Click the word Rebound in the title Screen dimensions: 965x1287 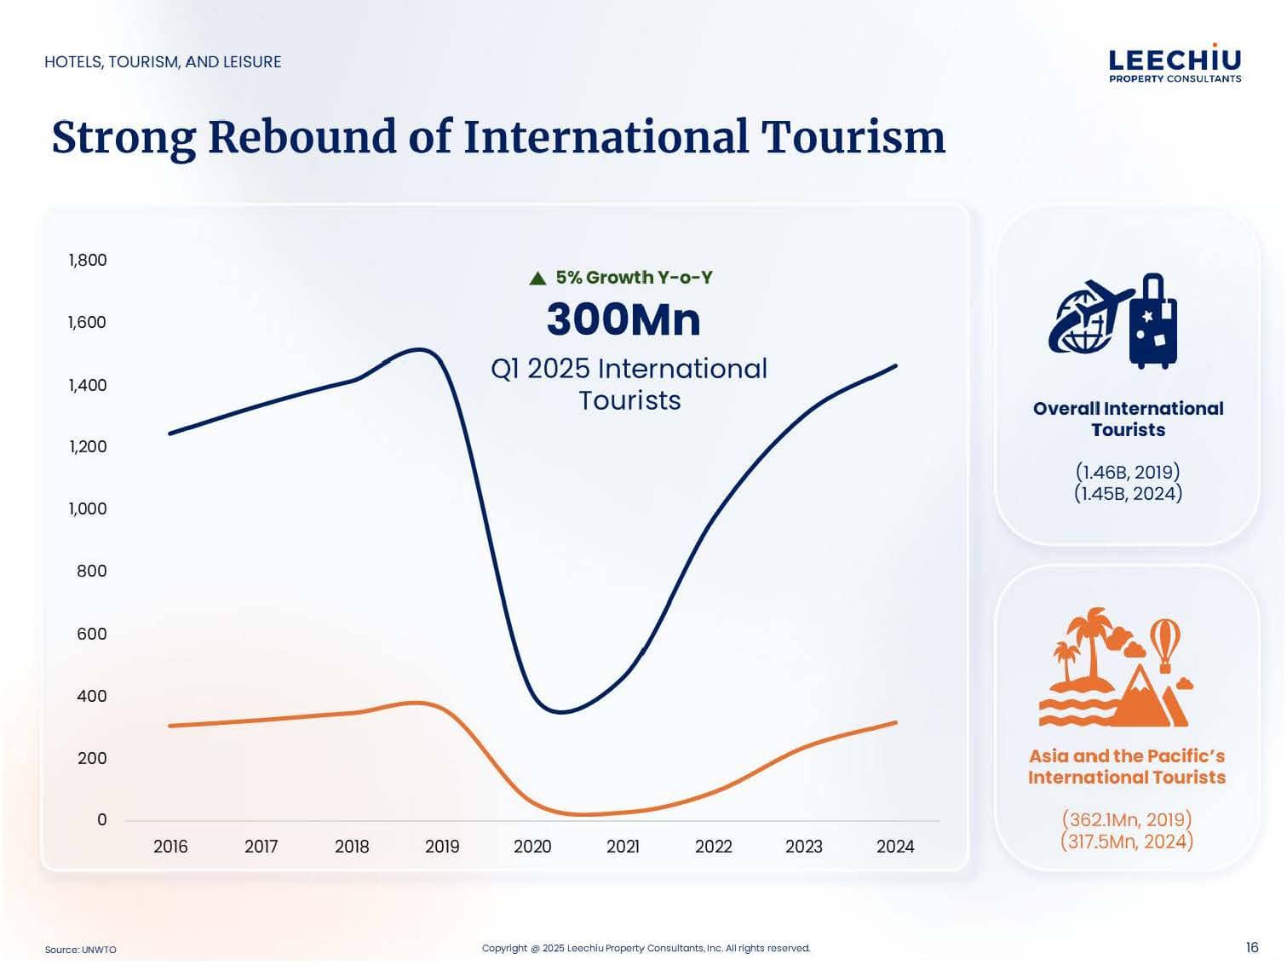[302, 137]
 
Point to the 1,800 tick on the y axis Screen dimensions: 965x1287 [88, 260]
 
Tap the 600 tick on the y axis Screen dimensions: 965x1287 [92, 634]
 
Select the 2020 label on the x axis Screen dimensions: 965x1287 [532, 847]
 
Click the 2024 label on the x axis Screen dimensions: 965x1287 [895, 847]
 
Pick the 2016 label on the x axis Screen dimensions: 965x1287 [170, 847]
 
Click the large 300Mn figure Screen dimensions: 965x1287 [623, 320]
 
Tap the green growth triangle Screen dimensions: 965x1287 [537, 279]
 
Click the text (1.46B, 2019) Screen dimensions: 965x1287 [1128, 472]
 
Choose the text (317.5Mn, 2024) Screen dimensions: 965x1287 [1127, 842]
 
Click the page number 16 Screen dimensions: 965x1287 [1251, 947]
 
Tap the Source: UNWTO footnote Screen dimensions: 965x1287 [81, 950]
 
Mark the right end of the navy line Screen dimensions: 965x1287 [895, 366]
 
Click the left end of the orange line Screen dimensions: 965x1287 [170, 726]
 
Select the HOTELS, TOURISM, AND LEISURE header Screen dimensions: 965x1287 [163, 62]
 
